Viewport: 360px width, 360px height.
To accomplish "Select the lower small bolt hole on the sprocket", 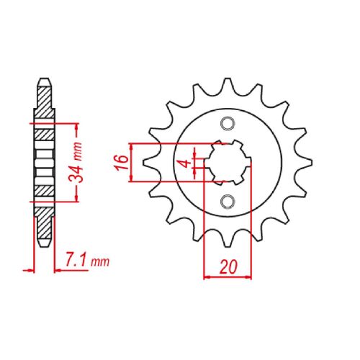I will (x=228, y=199).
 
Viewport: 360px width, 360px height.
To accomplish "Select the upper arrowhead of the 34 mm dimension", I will (x=76, y=126).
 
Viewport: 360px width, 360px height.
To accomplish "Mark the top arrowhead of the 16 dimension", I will (x=132, y=145).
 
